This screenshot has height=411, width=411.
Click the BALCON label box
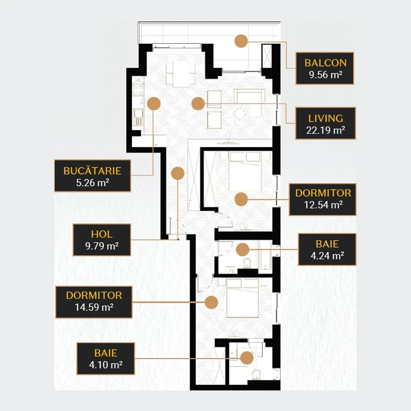point(325,68)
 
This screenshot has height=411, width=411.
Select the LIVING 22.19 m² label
point(325,123)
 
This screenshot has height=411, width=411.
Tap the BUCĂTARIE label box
point(92,175)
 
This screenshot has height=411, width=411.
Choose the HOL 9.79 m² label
point(102,240)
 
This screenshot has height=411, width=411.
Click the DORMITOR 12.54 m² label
point(323,199)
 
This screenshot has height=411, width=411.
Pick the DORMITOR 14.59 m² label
point(94,302)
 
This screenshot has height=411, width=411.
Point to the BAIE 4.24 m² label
point(327,249)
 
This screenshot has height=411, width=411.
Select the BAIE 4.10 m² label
point(106,358)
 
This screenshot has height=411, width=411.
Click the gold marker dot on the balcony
point(241,41)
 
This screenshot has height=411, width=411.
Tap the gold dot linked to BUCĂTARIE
point(154,104)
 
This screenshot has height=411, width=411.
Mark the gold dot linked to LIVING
point(198,104)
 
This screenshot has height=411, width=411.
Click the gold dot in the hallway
point(178,173)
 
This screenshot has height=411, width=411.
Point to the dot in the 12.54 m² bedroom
point(241,199)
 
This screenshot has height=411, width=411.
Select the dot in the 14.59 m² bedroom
point(211,302)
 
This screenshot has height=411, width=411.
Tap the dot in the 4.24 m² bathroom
point(242,249)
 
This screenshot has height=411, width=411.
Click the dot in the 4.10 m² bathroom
point(247,358)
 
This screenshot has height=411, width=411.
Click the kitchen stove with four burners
point(138,90)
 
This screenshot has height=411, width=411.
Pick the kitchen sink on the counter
point(138,117)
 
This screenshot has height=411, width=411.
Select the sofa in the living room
point(249,96)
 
